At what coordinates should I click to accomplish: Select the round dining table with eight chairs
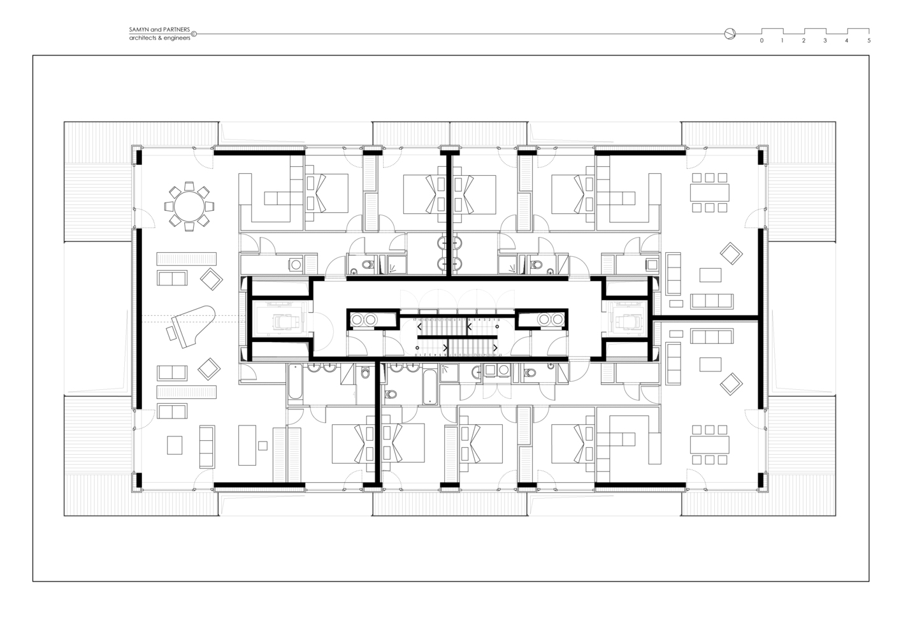pos(189,205)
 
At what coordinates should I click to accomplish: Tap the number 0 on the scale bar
pos(761,41)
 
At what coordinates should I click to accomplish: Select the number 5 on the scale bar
pos(869,41)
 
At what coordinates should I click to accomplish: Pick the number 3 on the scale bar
pos(825,41)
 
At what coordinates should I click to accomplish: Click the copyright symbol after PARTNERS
pos(194,34)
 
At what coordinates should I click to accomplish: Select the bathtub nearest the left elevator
pos(296,382)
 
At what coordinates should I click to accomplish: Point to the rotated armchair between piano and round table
pos(211,278)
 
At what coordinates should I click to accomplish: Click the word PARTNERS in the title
pos(177,30)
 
